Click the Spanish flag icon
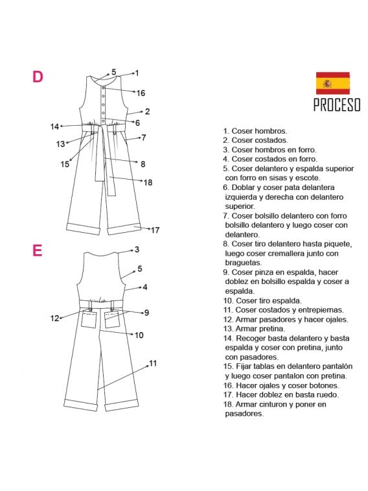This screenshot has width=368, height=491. coord(332,84)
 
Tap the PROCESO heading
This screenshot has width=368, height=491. coord(336,106)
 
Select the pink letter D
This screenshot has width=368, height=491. coord(38,77)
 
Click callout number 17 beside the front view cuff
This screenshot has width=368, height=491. coord(155,230)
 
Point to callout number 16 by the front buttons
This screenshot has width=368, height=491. coord(141,93)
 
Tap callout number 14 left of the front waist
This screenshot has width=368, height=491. coord(55,126)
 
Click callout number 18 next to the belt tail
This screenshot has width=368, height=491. coord(148,182)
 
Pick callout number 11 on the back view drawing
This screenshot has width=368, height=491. coord(153,363)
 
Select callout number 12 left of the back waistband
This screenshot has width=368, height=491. coord(55,318)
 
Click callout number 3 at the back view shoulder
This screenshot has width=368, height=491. coord(137,249)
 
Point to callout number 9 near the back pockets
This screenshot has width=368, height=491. coord(146,313)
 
